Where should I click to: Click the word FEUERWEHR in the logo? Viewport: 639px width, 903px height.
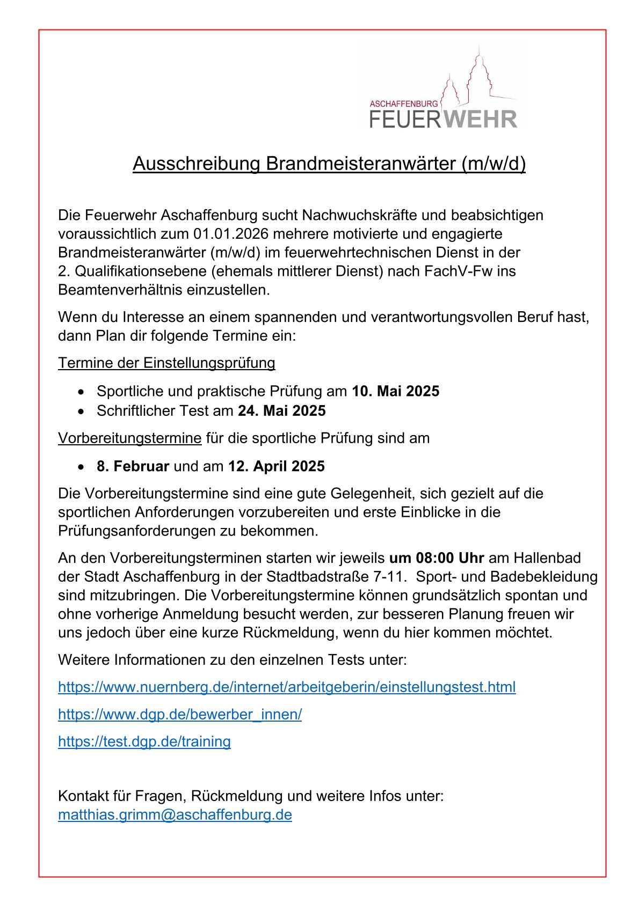(443, 119)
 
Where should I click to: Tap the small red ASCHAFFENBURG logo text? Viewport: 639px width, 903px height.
(404, 104)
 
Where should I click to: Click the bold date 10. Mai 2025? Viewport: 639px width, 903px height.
(395, 391)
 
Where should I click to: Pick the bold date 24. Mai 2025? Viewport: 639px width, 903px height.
(282, 411)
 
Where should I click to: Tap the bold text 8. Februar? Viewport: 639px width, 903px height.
(133, 466)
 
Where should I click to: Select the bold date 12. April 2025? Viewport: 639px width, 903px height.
(276, 466)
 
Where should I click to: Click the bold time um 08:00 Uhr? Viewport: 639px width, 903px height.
(436, 558)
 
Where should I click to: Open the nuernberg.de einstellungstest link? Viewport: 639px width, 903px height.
(287, 687)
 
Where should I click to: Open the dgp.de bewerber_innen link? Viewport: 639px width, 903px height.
(180, 715)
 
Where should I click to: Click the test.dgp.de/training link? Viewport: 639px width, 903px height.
(144, 742)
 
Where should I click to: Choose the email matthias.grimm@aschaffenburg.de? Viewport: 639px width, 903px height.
(175, 815)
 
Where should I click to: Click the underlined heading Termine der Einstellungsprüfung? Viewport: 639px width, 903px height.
(166, 363)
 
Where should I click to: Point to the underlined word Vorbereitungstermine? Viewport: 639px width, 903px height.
(130, 438)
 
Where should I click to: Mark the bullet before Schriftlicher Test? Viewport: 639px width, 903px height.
(81, 412)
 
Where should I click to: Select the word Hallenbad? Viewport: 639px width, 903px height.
(547, 558)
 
